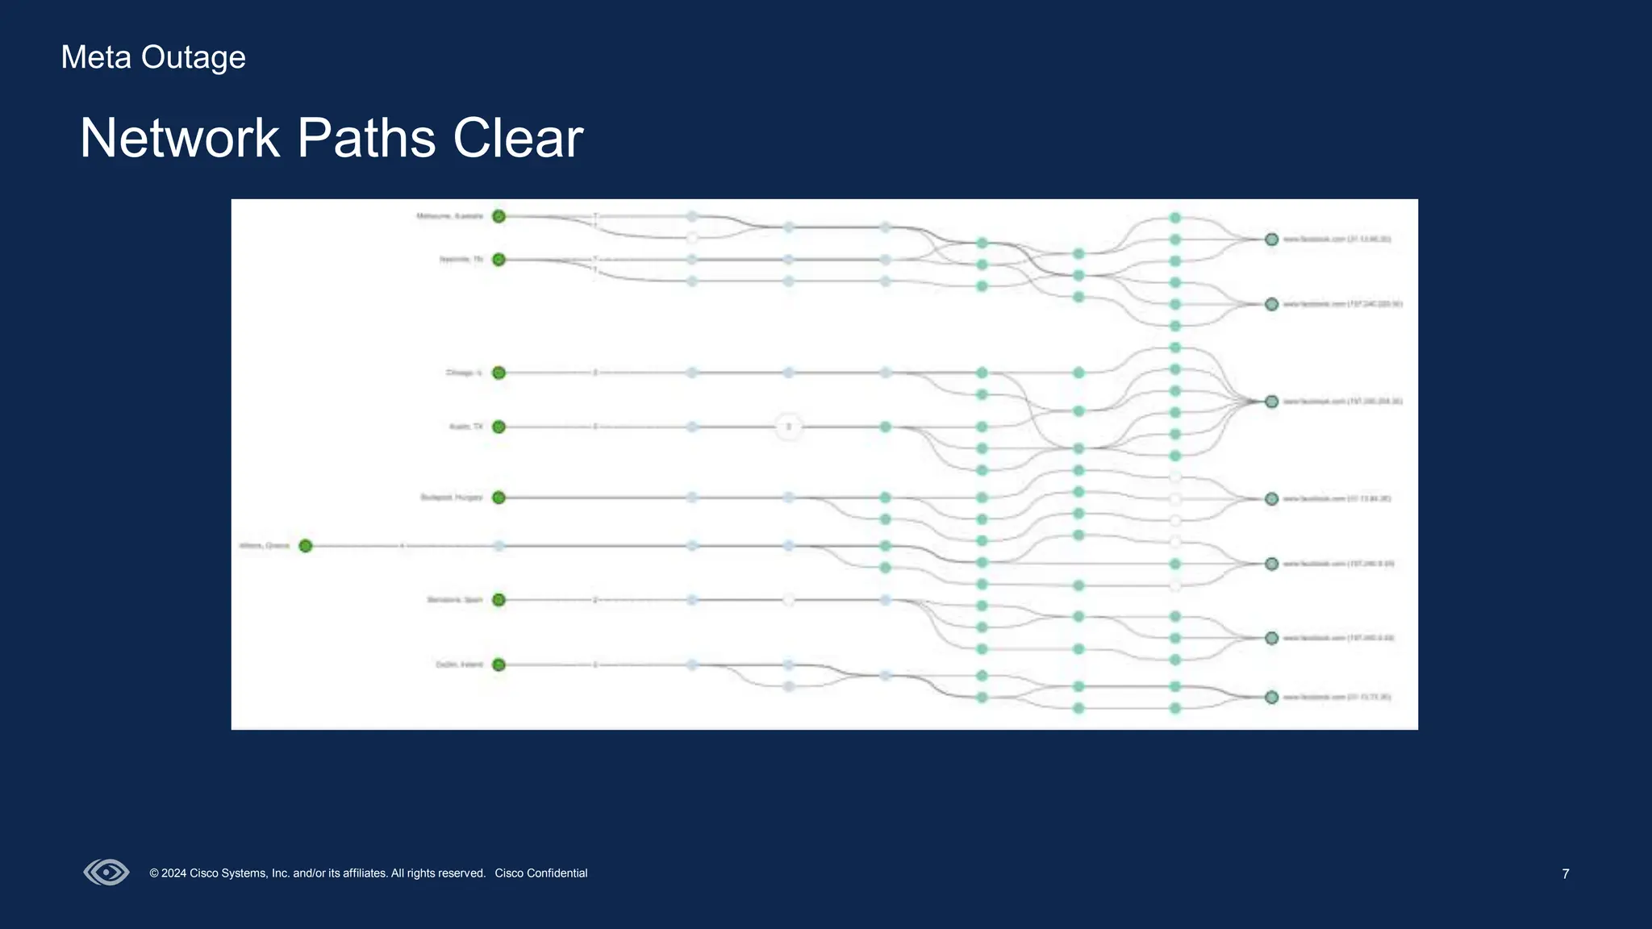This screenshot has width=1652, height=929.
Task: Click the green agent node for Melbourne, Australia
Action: [x=499, y=216]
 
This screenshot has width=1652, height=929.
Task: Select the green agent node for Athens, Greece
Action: [x=306, y=546]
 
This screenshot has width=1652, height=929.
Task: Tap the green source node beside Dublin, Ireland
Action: [x=499, y=664]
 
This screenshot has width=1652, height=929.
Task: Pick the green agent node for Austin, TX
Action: [x=499, y=427]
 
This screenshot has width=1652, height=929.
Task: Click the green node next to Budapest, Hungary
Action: [x=499, y=498]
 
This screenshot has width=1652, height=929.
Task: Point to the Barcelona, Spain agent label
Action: [x=455, y=600]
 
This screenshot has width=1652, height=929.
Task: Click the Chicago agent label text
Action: [x=464, y=373]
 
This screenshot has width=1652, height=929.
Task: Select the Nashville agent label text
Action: [x=461, y=260]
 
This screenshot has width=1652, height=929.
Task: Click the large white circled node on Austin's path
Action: [x=789, y=427]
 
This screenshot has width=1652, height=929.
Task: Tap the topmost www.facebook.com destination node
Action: [x=1272, y=240]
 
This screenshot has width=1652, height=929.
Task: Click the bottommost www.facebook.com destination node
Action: [x=1272, y=697]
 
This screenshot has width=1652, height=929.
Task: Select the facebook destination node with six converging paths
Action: [x=1272, y=402]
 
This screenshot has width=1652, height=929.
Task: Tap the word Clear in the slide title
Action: [x=518, y=138]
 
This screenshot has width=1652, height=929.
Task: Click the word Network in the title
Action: [x=180, y=138]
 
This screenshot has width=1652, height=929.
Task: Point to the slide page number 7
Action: [x=1566, y=874]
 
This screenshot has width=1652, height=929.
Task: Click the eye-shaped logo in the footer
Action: [x=106, y=873]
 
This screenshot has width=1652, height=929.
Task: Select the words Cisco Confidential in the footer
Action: [x=541, y=873]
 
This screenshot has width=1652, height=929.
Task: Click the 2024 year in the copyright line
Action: [x=173, y=873]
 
